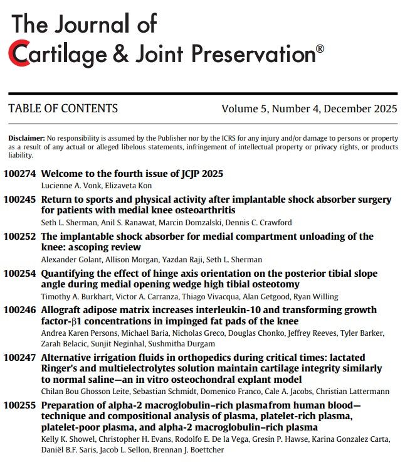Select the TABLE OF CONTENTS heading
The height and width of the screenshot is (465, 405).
click(63, 109)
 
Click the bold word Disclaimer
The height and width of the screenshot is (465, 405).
click(27, 138)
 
